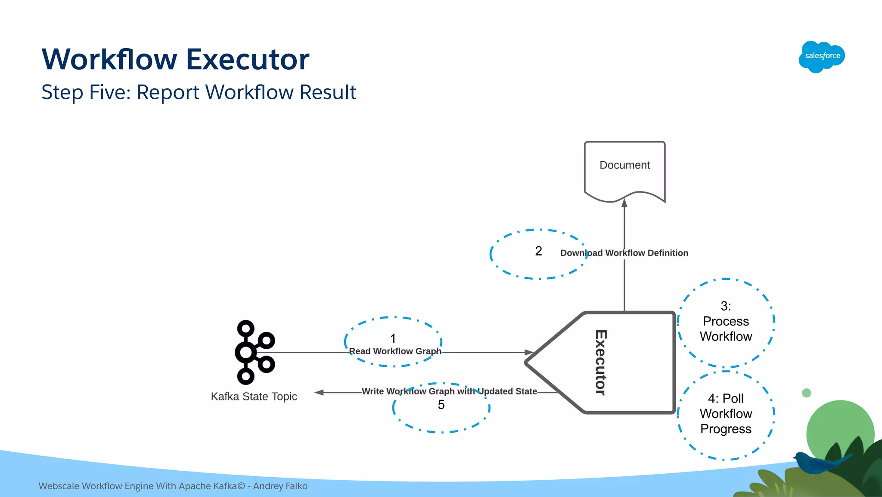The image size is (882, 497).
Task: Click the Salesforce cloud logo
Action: coord(822,56)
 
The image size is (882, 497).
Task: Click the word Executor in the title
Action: coord(248,59)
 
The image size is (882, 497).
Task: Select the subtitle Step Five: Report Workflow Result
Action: coord(199,92)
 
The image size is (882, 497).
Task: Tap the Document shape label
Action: coord(624,165)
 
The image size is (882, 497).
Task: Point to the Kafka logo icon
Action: coord(254,352)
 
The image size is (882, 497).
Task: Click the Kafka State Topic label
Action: coord(254,397)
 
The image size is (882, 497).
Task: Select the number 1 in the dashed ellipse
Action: coord(393,338)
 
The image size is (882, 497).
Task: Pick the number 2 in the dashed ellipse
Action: coord(538,251)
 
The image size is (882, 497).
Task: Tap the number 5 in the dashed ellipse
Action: coord(441,405)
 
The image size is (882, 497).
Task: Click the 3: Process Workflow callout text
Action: coord(726,322)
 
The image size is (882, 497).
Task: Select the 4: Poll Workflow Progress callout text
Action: coord(726,414)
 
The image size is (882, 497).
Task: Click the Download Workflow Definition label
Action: coord(624,253)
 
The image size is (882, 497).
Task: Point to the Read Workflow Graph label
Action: coord(395,351)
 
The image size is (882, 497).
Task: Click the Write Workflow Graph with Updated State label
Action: coord(449,391)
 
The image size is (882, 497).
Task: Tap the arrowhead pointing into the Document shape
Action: coord(624,203)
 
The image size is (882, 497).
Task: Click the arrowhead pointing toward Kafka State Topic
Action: coord(319,392)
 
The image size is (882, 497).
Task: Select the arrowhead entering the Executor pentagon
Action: coord(529,352)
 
